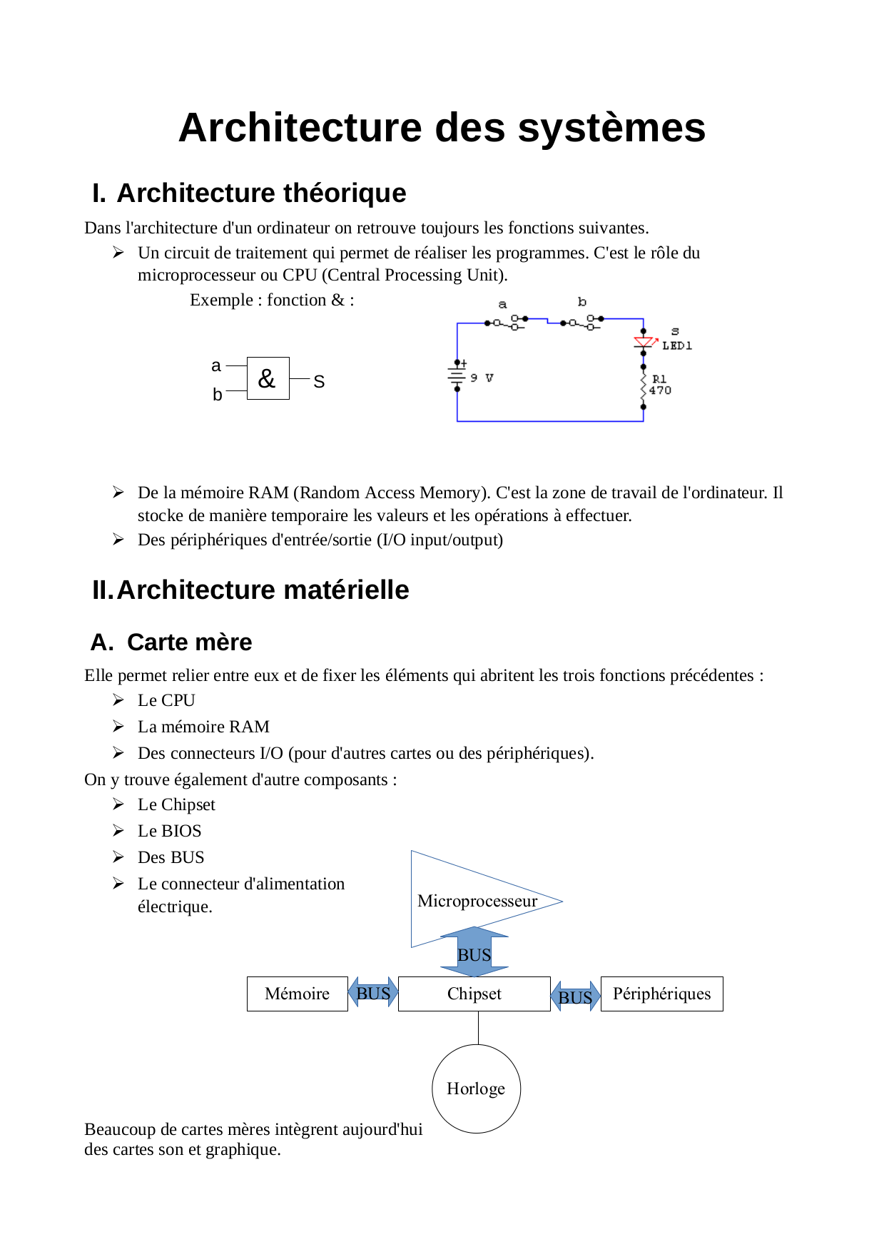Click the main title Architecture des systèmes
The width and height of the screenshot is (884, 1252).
coord(442,128)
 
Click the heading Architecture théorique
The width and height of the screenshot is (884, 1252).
coord(261,193)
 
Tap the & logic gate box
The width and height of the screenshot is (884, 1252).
coord(268,378)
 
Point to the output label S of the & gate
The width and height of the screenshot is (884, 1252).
coord(319,382)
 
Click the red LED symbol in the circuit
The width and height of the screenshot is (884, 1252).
coord(644,343)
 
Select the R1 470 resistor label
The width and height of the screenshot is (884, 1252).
coord(659,385)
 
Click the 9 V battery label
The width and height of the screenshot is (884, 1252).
coord(482,378)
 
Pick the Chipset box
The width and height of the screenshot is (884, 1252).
coord(474,994)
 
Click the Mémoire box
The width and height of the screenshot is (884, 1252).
coord(297,994)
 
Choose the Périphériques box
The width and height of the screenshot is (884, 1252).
coord(661,994)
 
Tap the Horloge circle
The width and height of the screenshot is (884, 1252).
coord(476,1089)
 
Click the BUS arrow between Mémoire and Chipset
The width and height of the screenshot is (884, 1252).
coord(373,993)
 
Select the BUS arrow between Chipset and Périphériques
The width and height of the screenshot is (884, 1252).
coord(575,996)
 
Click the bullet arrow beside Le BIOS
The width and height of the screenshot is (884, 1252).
coord(118,831)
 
